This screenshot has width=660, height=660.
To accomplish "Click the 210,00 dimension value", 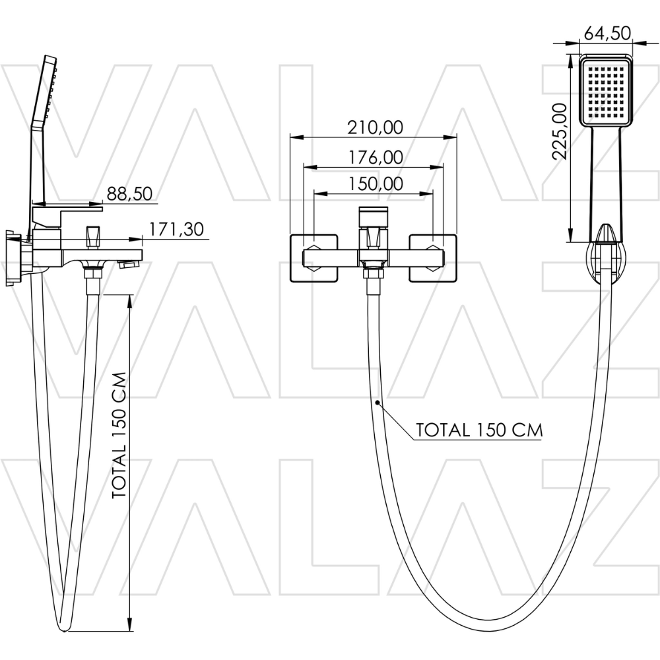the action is tap(375, 127).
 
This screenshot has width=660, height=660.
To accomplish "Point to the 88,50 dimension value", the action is tap(129, 193).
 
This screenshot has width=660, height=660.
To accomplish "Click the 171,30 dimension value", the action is tap(177, 230).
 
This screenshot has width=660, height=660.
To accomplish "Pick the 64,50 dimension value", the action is tap(607, 33).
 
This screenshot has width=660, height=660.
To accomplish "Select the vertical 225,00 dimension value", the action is tap(560, 131).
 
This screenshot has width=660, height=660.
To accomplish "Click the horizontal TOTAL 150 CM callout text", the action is tap(479, 430).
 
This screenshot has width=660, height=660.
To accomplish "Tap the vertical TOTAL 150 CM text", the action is tap(119, 435).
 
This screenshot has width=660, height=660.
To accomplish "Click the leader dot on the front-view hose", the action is tap(378, 403).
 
